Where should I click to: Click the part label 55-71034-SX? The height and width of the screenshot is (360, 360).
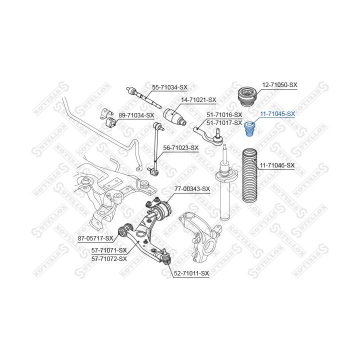coord(169,87)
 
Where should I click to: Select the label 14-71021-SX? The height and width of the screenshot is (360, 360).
coord(198,100)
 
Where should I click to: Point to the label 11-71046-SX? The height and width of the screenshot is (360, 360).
coord(277,165)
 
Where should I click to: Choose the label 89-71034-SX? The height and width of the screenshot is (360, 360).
coord(136,115)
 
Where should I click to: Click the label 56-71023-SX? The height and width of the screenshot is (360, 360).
coord(181,147)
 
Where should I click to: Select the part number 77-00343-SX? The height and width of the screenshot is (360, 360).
coord(192,189)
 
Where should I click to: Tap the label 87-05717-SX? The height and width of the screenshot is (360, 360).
coord(95,238)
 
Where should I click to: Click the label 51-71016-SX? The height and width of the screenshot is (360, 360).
coord(224,115)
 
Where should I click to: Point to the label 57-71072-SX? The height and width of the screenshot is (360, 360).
coord(109,258)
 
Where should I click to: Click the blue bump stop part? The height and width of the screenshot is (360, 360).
coord(250,129)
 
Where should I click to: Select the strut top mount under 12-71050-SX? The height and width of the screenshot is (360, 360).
coord(246,96)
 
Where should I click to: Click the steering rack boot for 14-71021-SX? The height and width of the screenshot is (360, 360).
coord(175,118)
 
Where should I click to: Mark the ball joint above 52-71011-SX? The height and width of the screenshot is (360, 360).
coord(165,258)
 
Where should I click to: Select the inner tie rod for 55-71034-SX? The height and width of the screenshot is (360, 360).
coord(145,98)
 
